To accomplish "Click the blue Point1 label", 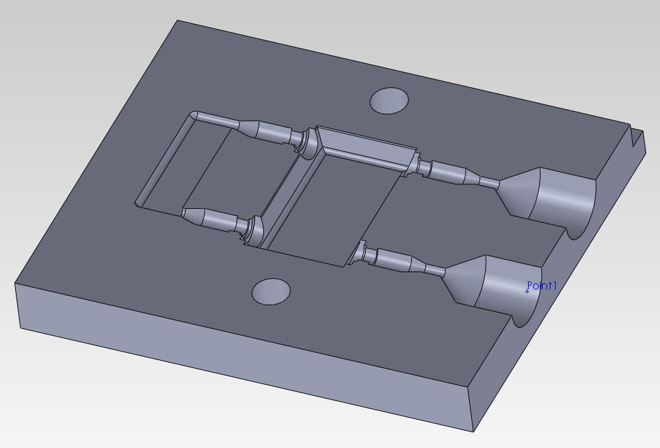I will [543, 285].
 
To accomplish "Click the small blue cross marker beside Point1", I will [527, 291].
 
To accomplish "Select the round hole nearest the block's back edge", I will [389, 100].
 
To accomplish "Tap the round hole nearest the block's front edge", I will [271, 291].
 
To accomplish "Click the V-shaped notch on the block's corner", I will [636, 138].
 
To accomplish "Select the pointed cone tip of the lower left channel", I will [186, 213].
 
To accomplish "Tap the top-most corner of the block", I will [177, 20].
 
